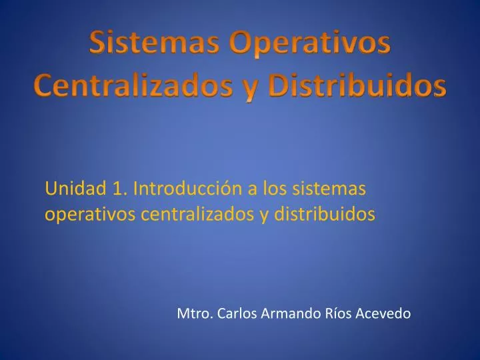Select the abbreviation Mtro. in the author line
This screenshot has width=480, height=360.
click(x=194, y=313)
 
